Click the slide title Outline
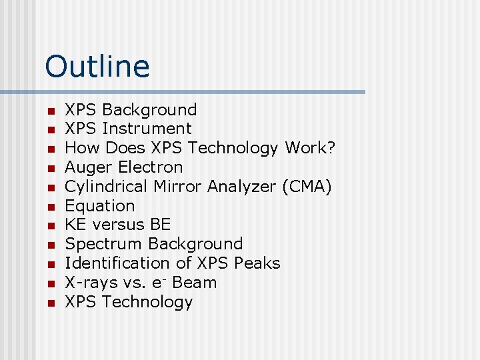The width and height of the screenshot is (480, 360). coord(97,66)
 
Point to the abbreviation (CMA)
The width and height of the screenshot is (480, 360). coord(307,186)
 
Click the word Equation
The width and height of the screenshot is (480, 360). coord(99,205)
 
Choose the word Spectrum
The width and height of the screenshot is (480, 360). coord(103,244)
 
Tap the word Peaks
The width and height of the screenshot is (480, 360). coord(257,263)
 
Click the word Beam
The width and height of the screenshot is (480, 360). coord(194,283)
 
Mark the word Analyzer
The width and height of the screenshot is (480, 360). coord(242,186)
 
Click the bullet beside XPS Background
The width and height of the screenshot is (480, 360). coord(49,110)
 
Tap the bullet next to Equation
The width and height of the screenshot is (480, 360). coord(49,207)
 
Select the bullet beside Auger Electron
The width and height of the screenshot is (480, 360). coord(49,168)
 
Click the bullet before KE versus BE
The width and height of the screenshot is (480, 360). coord(49,226)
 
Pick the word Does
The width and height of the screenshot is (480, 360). coord(125,147)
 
